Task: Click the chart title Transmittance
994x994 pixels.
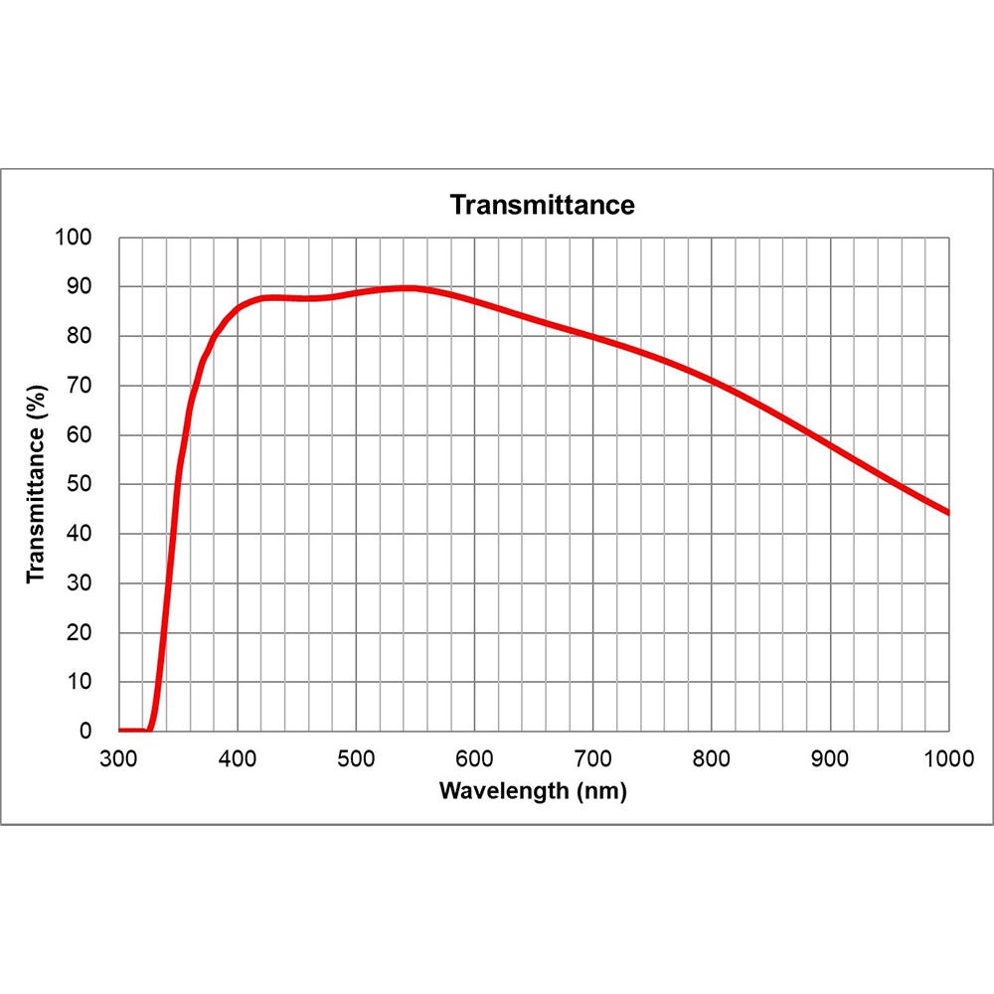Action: pos(542,205)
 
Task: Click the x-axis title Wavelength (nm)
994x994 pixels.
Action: pos(533,791)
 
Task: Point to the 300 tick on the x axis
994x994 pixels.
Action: pos(118,759)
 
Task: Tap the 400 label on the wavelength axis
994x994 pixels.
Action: pos(237,759)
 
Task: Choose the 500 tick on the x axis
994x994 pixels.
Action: pos(356,759)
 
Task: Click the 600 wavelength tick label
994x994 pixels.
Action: pos(474,759)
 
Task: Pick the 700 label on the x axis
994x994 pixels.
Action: pos(593,759)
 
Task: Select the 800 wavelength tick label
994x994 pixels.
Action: pos(712,759)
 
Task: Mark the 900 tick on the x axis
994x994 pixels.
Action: pos(831,759)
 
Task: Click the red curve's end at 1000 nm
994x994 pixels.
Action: pos(948,513)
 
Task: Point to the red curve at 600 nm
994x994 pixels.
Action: pos(474,300)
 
